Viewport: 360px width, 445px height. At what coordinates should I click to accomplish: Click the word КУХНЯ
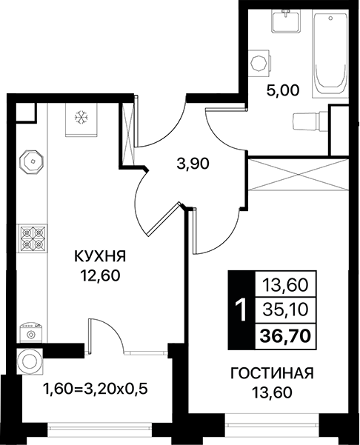[x=100, y=257]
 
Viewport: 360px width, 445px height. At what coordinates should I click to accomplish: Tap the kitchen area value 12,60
[x=100, y=275]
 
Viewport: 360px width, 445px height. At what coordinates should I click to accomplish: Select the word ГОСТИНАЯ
[x=272, y=373]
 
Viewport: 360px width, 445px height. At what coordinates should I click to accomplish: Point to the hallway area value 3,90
[x=193, y=164]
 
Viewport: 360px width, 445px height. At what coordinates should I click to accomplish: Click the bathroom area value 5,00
[x=283, y=90]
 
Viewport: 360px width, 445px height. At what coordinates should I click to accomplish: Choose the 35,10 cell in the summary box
[x=285, y=310]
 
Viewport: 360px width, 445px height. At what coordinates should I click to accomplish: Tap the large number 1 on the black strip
[x=242, y=310]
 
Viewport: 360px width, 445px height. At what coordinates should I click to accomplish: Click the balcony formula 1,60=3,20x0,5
[x=96, y=389]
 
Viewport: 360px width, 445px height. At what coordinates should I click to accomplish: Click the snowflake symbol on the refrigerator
[x=81, y=118]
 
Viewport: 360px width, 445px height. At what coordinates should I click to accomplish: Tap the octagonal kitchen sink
[x=31, y=161]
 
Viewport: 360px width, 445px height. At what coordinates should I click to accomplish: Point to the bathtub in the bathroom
[x=330, y=53]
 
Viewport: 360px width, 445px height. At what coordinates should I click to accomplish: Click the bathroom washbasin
[x=286, y=21]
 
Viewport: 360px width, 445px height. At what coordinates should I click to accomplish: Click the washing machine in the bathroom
[x=259, y=63]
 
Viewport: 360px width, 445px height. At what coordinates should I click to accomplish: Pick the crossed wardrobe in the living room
[x=298, y=175]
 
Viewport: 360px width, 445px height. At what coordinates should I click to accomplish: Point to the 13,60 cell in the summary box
[x=285, y=285]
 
